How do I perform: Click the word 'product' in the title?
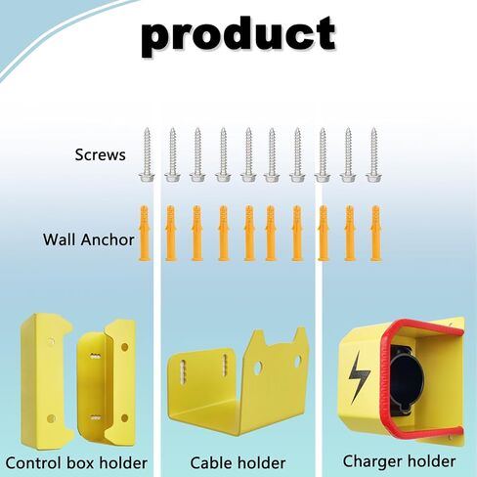(238, 37)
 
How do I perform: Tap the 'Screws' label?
(100, 154)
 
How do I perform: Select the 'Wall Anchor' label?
(89, 239)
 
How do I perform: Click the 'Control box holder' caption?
(76, 462)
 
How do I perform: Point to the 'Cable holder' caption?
(238, 462)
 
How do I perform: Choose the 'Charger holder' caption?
(399, 461)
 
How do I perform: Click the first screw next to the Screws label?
(147, 154)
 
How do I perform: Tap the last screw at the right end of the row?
(373, 154)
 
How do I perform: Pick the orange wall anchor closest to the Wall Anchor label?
(145, 233)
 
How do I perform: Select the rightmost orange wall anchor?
(375, 233)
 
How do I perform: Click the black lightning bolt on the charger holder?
(359, 377)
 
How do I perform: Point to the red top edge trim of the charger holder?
(423, 326)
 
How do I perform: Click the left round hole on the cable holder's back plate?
(257, 368)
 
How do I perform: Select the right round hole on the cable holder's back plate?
(298, 361)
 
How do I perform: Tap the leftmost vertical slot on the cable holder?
(183, 371)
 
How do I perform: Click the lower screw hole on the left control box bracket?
(51, 418)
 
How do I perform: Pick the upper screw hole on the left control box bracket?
(51, 342)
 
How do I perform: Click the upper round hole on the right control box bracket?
(124, 347)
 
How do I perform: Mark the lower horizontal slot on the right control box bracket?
(96, 417)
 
